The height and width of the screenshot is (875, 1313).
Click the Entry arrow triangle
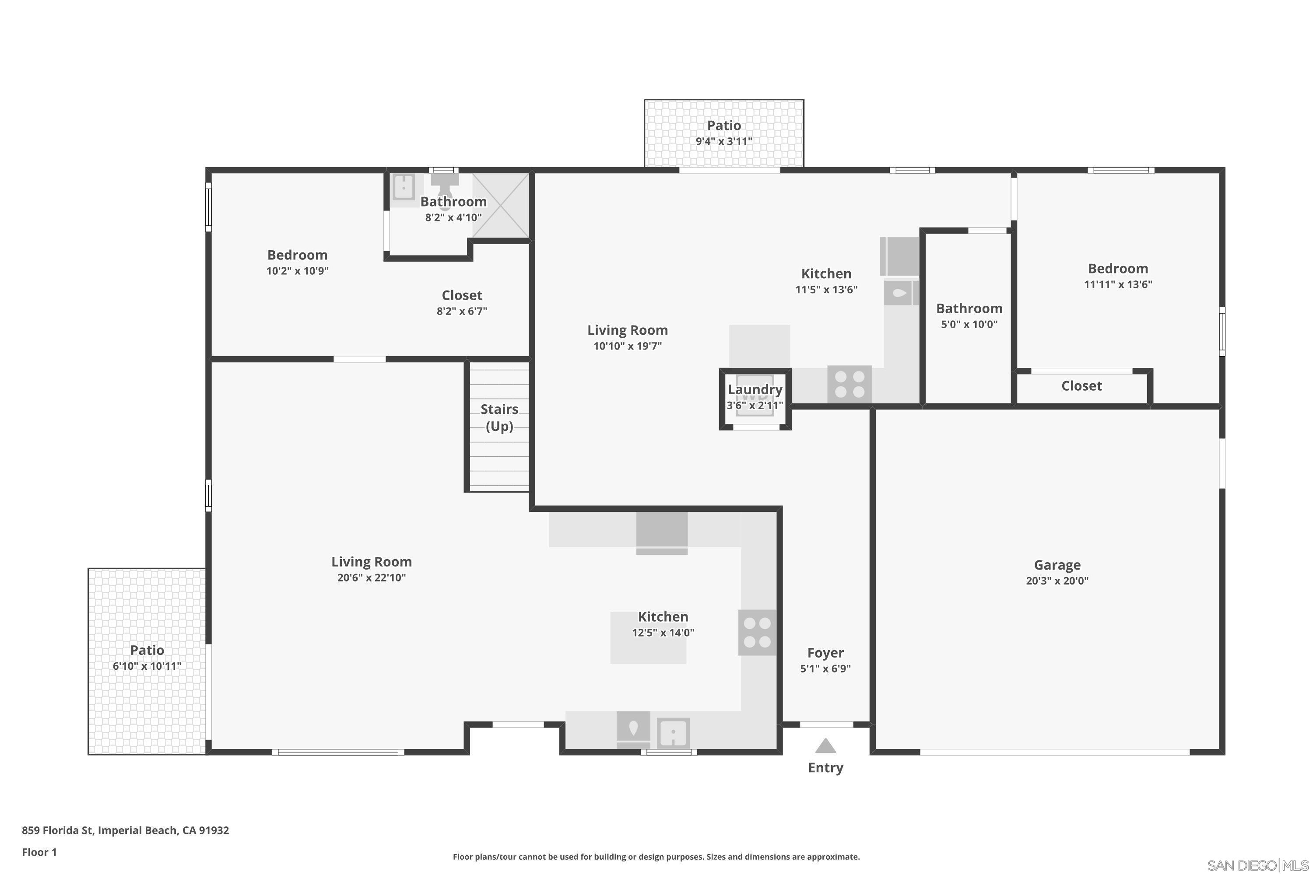coord(825,746)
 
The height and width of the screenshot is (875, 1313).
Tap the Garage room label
coord(1057,565)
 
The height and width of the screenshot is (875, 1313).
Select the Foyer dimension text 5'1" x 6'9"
coord(825,668)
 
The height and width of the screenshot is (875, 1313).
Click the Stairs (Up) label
coord(499,417)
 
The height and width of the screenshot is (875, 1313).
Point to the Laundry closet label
coord(755,389)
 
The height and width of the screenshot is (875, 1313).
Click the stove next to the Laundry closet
coord(849,384)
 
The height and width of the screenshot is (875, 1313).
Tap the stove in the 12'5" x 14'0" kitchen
coord(757,632)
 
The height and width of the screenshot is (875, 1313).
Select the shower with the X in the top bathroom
coord(501,205)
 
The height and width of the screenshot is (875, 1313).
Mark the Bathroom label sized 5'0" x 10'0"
coord(969,308)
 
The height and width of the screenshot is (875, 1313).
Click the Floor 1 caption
coord(39,852)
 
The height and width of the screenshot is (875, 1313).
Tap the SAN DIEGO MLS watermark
coord(1258,865)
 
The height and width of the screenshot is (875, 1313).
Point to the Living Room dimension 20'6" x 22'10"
coord(371,577)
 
